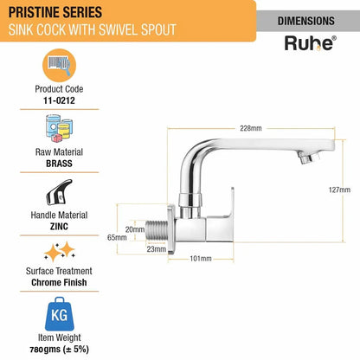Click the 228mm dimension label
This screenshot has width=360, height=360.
(x=251, y=128)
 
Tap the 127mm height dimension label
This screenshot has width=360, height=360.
(x=339, y=190)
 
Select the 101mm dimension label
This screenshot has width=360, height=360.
(x=201, y=259)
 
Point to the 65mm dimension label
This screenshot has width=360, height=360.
(x=117, y=237)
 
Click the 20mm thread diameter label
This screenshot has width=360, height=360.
(x=135, y=229)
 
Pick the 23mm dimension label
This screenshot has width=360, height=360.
(x=157, y=249)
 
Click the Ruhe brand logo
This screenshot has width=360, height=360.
(x=311, y=43)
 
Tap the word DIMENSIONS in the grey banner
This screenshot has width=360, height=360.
(x=306, y=21)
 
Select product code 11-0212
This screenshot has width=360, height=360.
(x=59, y=100)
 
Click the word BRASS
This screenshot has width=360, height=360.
(x=59, y=164)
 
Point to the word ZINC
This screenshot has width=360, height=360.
(x=59, y=227)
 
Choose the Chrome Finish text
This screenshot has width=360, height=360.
(x=59, y=282)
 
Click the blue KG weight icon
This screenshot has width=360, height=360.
(x=60, y=314)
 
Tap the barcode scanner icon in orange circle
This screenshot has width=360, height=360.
(x=59, y=66)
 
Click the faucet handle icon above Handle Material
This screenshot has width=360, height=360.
(x=60, y=192)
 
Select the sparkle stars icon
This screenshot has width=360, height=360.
(x=60, y=252)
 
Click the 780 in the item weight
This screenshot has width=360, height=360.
(x=36, y=350)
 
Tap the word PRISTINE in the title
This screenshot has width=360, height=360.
(x=34, y=12)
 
